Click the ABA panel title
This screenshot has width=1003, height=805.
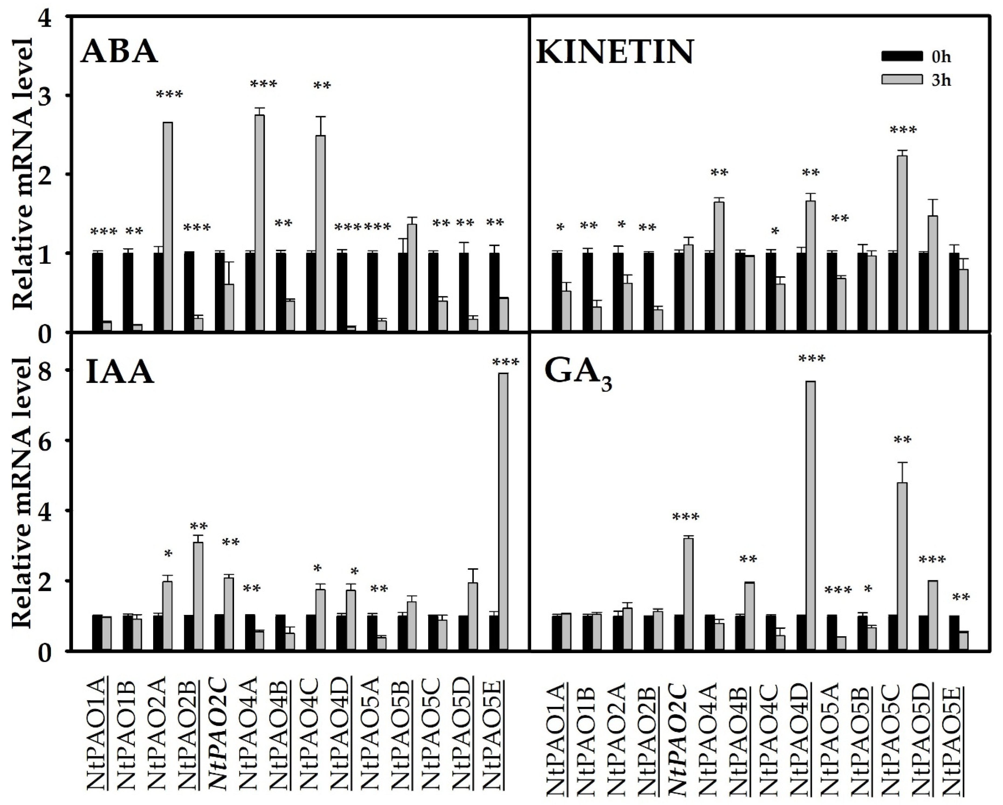point(119,52)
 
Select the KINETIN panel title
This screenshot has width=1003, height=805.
point(615,52)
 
